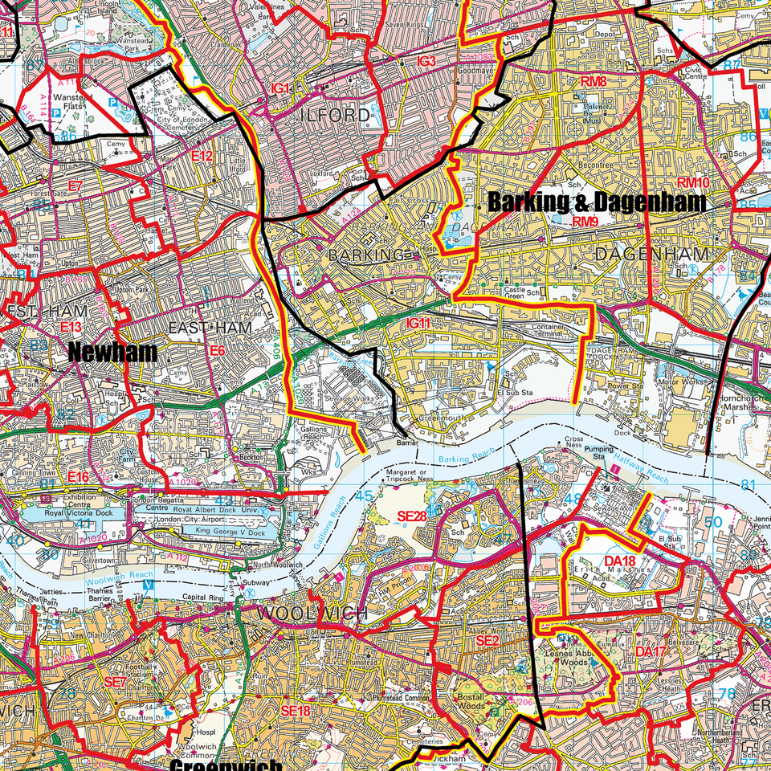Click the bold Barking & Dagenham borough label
tap(597, 202)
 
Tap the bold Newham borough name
tap(112, 352)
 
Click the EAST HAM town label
tap(210, 328)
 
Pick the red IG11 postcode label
tap(419, 323)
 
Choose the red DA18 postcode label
tap(619, 561)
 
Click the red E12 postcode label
tap(202, 156)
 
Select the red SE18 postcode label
tap(295, 711)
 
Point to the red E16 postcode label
tap(78, 478)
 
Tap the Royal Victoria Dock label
tap(75, 512)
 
